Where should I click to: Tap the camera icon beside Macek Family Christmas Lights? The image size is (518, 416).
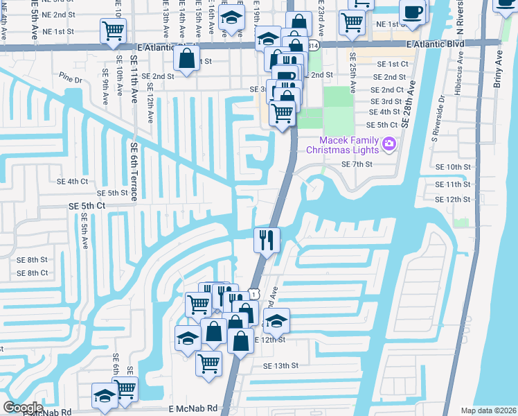click(389, 144)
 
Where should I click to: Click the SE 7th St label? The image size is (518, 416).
click(357, 164)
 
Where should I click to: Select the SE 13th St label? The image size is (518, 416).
click(280, 365)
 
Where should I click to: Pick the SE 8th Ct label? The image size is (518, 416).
click(33, 273)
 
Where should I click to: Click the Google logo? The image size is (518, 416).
click(23, 407)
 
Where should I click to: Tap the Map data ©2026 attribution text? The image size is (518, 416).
click(488, 410)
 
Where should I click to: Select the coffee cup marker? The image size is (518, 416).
click(414, 12)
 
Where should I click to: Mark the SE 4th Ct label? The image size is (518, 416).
click(73, 181)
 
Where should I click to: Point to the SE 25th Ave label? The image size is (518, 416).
click(352, 73)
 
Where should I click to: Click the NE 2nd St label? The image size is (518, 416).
click(58, 15)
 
